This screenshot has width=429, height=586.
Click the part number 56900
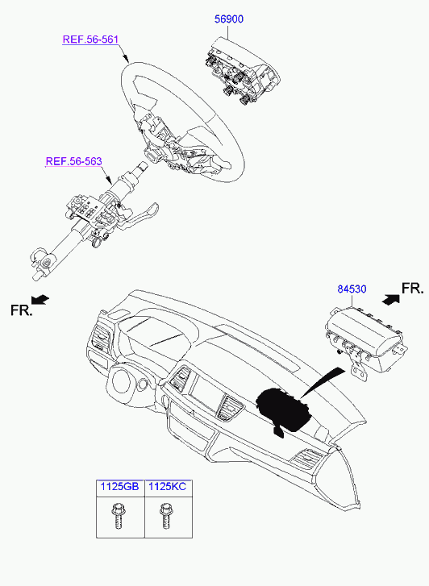point(228,19)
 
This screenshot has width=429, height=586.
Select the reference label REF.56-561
point(90,39)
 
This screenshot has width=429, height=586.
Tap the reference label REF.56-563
point(73,161)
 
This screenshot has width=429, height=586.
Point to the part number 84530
point(352,289)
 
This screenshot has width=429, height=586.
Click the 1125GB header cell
point(120,488)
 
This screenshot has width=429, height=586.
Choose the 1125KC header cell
point(168,488)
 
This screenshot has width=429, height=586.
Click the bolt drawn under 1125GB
point(119,516)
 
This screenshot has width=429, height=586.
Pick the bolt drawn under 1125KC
point(165,516)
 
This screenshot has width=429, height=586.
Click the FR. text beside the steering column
point(21,310)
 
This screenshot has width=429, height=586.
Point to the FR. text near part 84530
point(413,289)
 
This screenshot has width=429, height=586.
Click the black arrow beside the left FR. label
point(40,299)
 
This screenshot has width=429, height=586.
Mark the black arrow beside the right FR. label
point(391,300)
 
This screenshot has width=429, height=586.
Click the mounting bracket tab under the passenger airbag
point(358,371)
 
